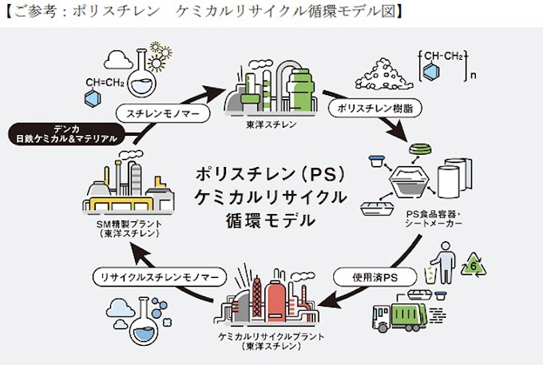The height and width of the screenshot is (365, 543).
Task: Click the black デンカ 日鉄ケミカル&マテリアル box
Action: [68, 133]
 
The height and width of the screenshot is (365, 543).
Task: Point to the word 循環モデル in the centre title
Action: [271, 220]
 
